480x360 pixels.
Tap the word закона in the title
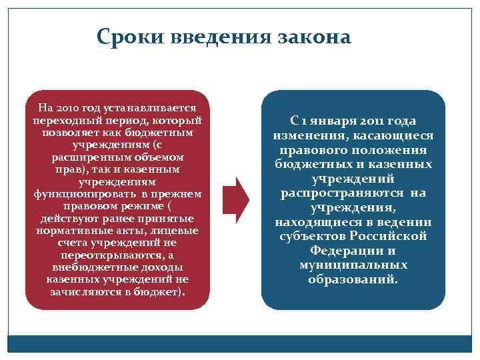(312, 36)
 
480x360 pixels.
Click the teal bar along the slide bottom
(240, 343)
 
